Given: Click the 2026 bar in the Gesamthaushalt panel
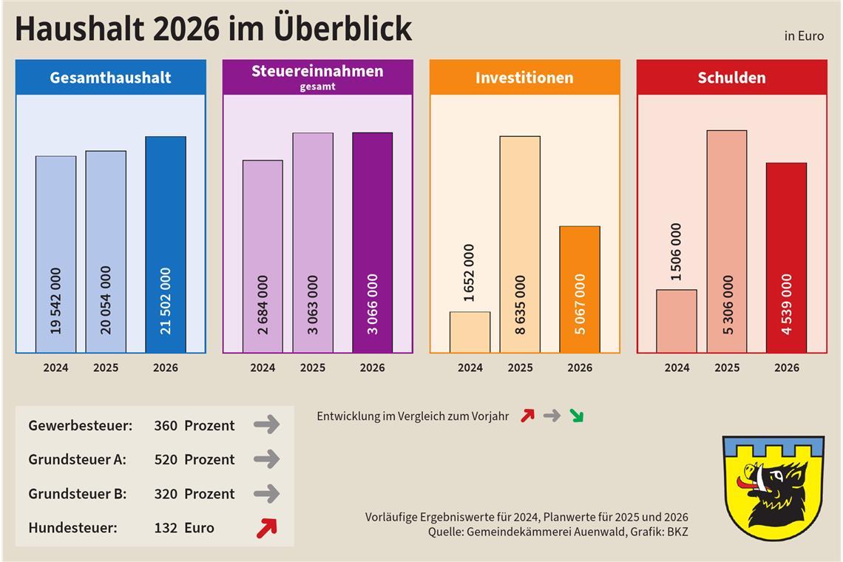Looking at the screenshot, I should pyautogui.click(x=166, y=244).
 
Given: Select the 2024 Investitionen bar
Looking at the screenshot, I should pyautogui.click(x=470, y=332).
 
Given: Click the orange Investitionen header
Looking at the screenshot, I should pyautogui.click(x=524, y=78).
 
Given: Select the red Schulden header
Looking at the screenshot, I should pyautogui.click(x=731, y=78).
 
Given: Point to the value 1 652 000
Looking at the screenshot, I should pyautogui.click(x=470, y=273).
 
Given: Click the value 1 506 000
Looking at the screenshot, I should pyautogui.click(x=677, y=251).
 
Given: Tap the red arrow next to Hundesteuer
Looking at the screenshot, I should pyautogui.click(x=266, y=527).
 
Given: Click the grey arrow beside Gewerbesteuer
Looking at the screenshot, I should pyautogui.click(x=266, y=424).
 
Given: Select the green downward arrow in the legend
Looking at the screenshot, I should pyautogui.click(x=576, y=416).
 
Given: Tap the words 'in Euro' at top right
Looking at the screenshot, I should pyautogui.click(x=804, y=35).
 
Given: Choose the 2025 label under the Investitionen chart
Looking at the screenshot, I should pyautogui.click(x=520, y=368).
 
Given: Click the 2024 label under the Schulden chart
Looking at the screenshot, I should pyautogui.click(x=677, y=368).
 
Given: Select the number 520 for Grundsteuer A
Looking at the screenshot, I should pyautogui.click(x=166, y=459).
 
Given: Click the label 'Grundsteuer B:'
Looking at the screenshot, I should pyautogui.click(x=78, y=493).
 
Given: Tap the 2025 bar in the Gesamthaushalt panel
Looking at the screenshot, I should pyautogui.click(x=106, y=251).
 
